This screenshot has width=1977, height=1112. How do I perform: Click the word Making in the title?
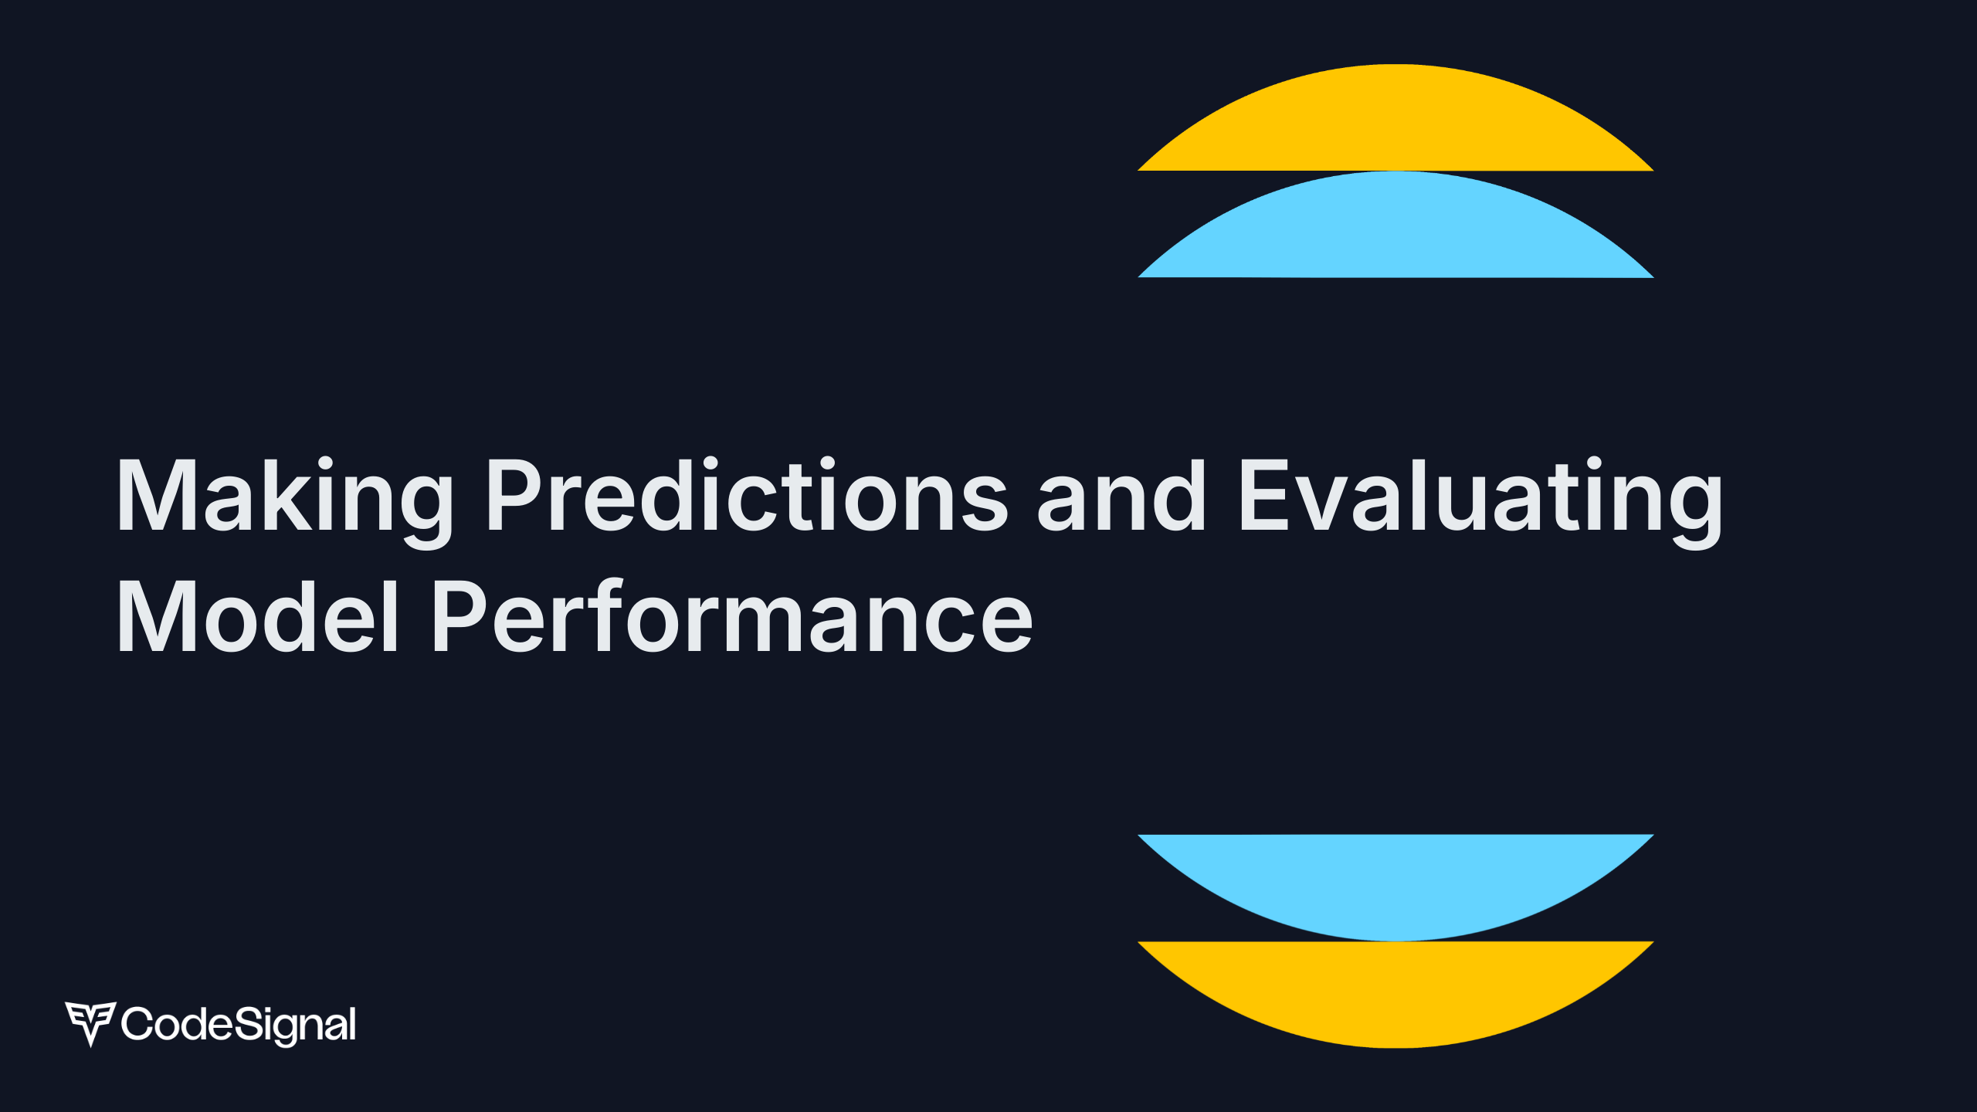point(284,502)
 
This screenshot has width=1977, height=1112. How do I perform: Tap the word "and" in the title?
point(1121,495)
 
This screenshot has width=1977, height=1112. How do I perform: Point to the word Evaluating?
point(1481,502)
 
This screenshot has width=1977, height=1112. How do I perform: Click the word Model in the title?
point(257,616)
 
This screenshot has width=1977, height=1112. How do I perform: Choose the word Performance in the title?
point(732,616)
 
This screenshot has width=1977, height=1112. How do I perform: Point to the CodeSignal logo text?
point(239,1026)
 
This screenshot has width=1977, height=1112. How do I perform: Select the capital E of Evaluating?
point(1268,495)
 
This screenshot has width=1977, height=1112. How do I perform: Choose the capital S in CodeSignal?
point(249,1023)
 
